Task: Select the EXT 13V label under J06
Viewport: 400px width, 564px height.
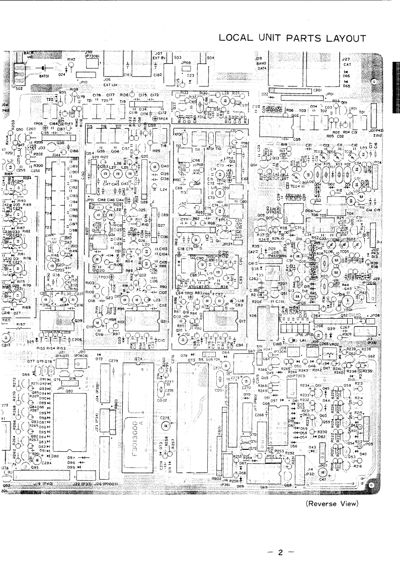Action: tap(111, 85)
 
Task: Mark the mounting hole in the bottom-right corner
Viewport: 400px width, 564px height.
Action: tap(371, 486)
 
